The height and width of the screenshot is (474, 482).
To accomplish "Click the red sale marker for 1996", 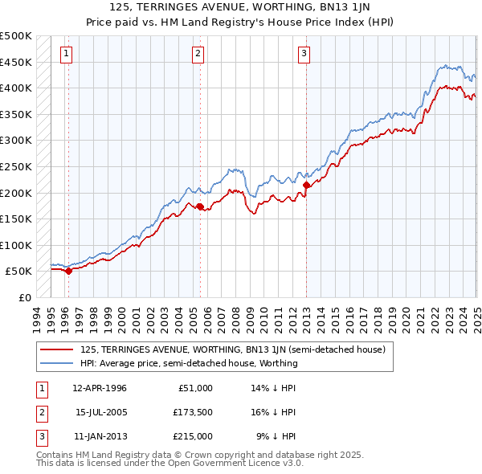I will tap(68, 271).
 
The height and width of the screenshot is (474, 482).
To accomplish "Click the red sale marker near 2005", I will tap(200, 206).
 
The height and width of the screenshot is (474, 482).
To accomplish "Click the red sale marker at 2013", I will tap(306, 185).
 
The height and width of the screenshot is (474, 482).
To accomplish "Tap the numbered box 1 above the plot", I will tap(66, 55).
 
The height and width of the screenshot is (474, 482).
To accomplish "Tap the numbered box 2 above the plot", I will tap(198, 55).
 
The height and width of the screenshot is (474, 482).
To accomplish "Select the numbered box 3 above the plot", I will tap(304, 55).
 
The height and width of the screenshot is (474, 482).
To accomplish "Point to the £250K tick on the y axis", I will tap(16, 166).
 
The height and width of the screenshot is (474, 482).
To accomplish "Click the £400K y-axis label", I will tap(16, 88).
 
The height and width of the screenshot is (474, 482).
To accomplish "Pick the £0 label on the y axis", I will tap(24, 298).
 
